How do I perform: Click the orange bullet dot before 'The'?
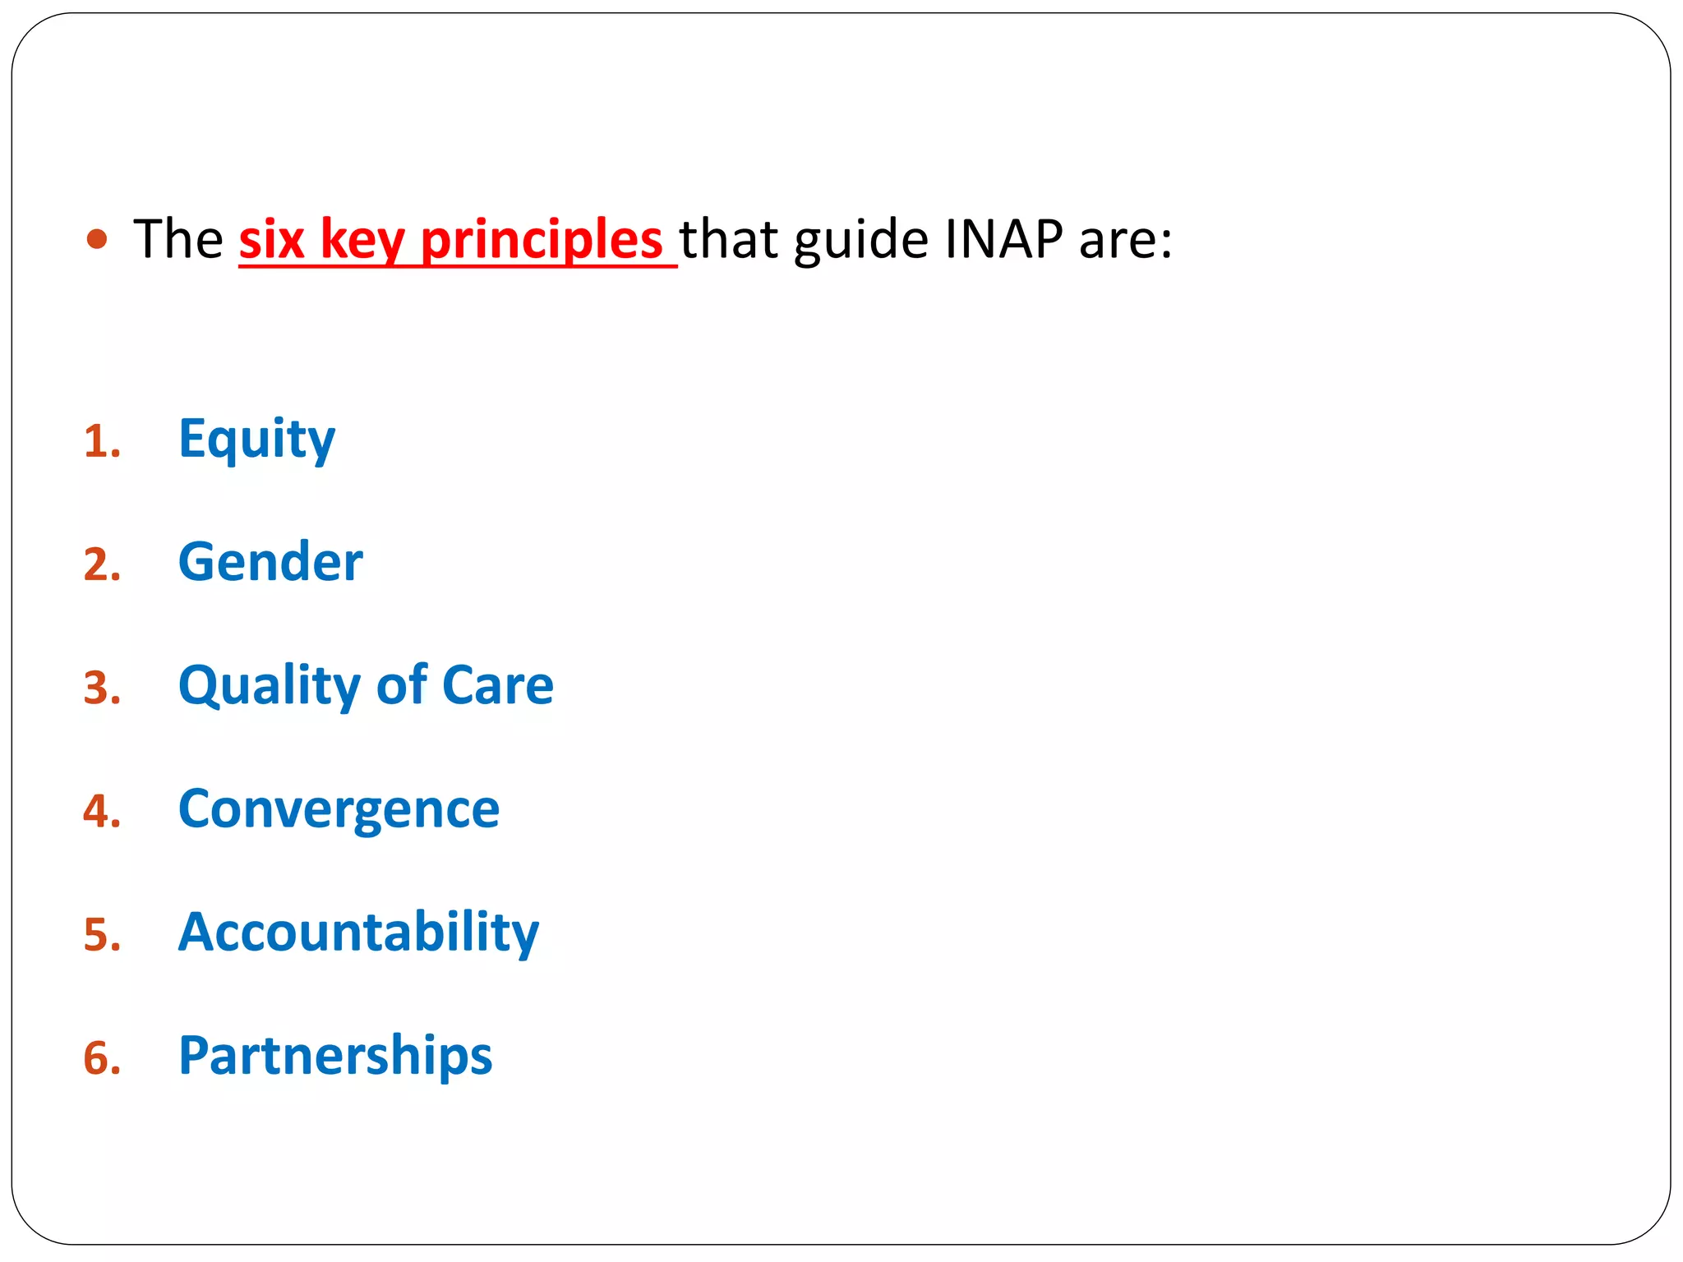[97, 239]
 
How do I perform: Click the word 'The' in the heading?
[178, 239]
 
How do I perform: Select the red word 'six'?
[271, 239]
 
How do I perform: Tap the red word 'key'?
[362, 241]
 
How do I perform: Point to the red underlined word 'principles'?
[542, 241]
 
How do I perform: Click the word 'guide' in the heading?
[861, 241]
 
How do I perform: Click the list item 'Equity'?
[256, 440]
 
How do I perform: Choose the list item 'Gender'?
[270, 562]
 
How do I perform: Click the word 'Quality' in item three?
[270, 686]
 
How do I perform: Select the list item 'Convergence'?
[339, 809]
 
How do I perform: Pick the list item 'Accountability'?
[358, 932]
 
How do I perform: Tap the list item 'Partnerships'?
[335, 1056]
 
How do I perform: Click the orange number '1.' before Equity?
[102, 442]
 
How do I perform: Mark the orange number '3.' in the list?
[102, 689]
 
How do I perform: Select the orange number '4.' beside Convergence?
[102, 812]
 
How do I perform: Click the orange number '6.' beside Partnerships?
[102, 1058]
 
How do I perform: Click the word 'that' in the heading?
[729, 239]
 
